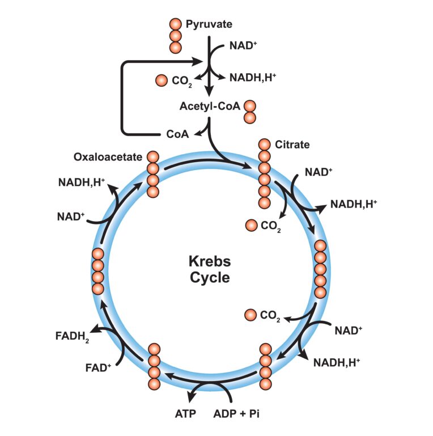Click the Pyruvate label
pos(209,24)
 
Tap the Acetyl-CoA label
pos(210,106)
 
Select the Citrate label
pos(292,145)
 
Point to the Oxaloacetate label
pos(108,157)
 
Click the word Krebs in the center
pos(210,261)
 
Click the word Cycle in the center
pos(210,278)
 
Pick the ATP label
pos(185,414)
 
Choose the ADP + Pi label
pos(236,414)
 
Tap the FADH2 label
pos(72,337)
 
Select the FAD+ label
pos(98,367)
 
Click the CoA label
pos(177,134)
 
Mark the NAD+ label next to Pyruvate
pos(243,45)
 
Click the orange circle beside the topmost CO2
pos(162,81)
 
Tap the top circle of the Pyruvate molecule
pos(175,24)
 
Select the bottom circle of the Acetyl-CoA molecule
pos(250,117)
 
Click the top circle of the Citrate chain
pos(264,145)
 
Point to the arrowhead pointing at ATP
pos(191,397)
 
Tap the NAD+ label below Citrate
pos(319,172)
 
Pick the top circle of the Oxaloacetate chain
pos(153,157)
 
